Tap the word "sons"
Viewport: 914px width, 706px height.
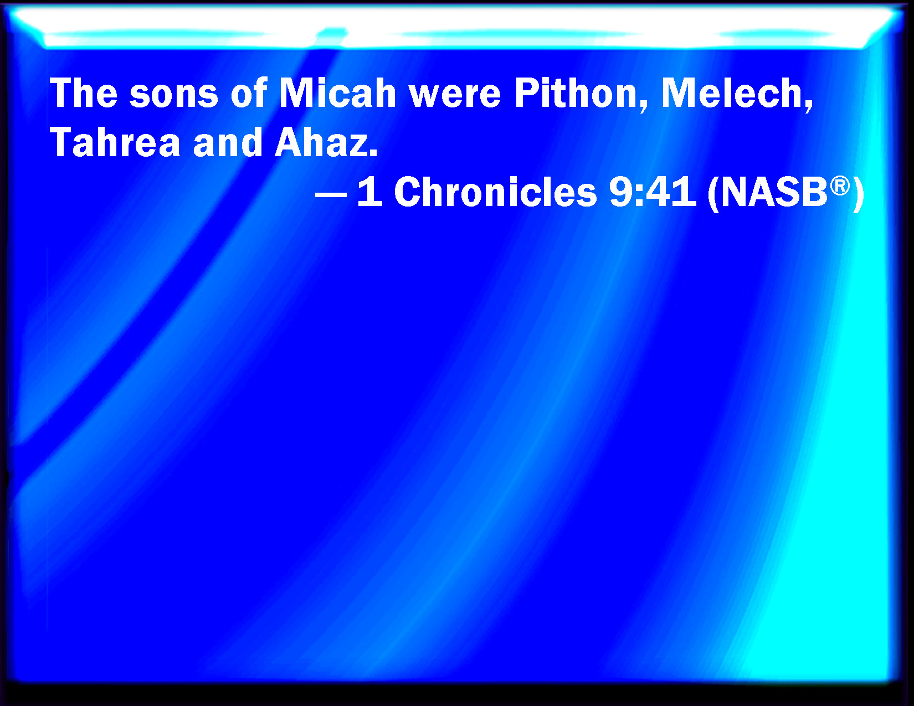click(174, 96)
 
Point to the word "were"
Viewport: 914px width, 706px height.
click(455, 96)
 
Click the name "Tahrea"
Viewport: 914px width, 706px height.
click(115, 142)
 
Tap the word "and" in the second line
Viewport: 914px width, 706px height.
click(228, 142)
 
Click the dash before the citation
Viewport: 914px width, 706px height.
click(331, 195)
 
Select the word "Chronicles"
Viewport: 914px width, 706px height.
click(495, 192)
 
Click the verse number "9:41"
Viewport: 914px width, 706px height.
click(653, 192)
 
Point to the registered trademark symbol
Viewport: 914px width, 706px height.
click(840, 185)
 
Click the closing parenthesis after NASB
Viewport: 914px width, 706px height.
click(857, 194)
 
